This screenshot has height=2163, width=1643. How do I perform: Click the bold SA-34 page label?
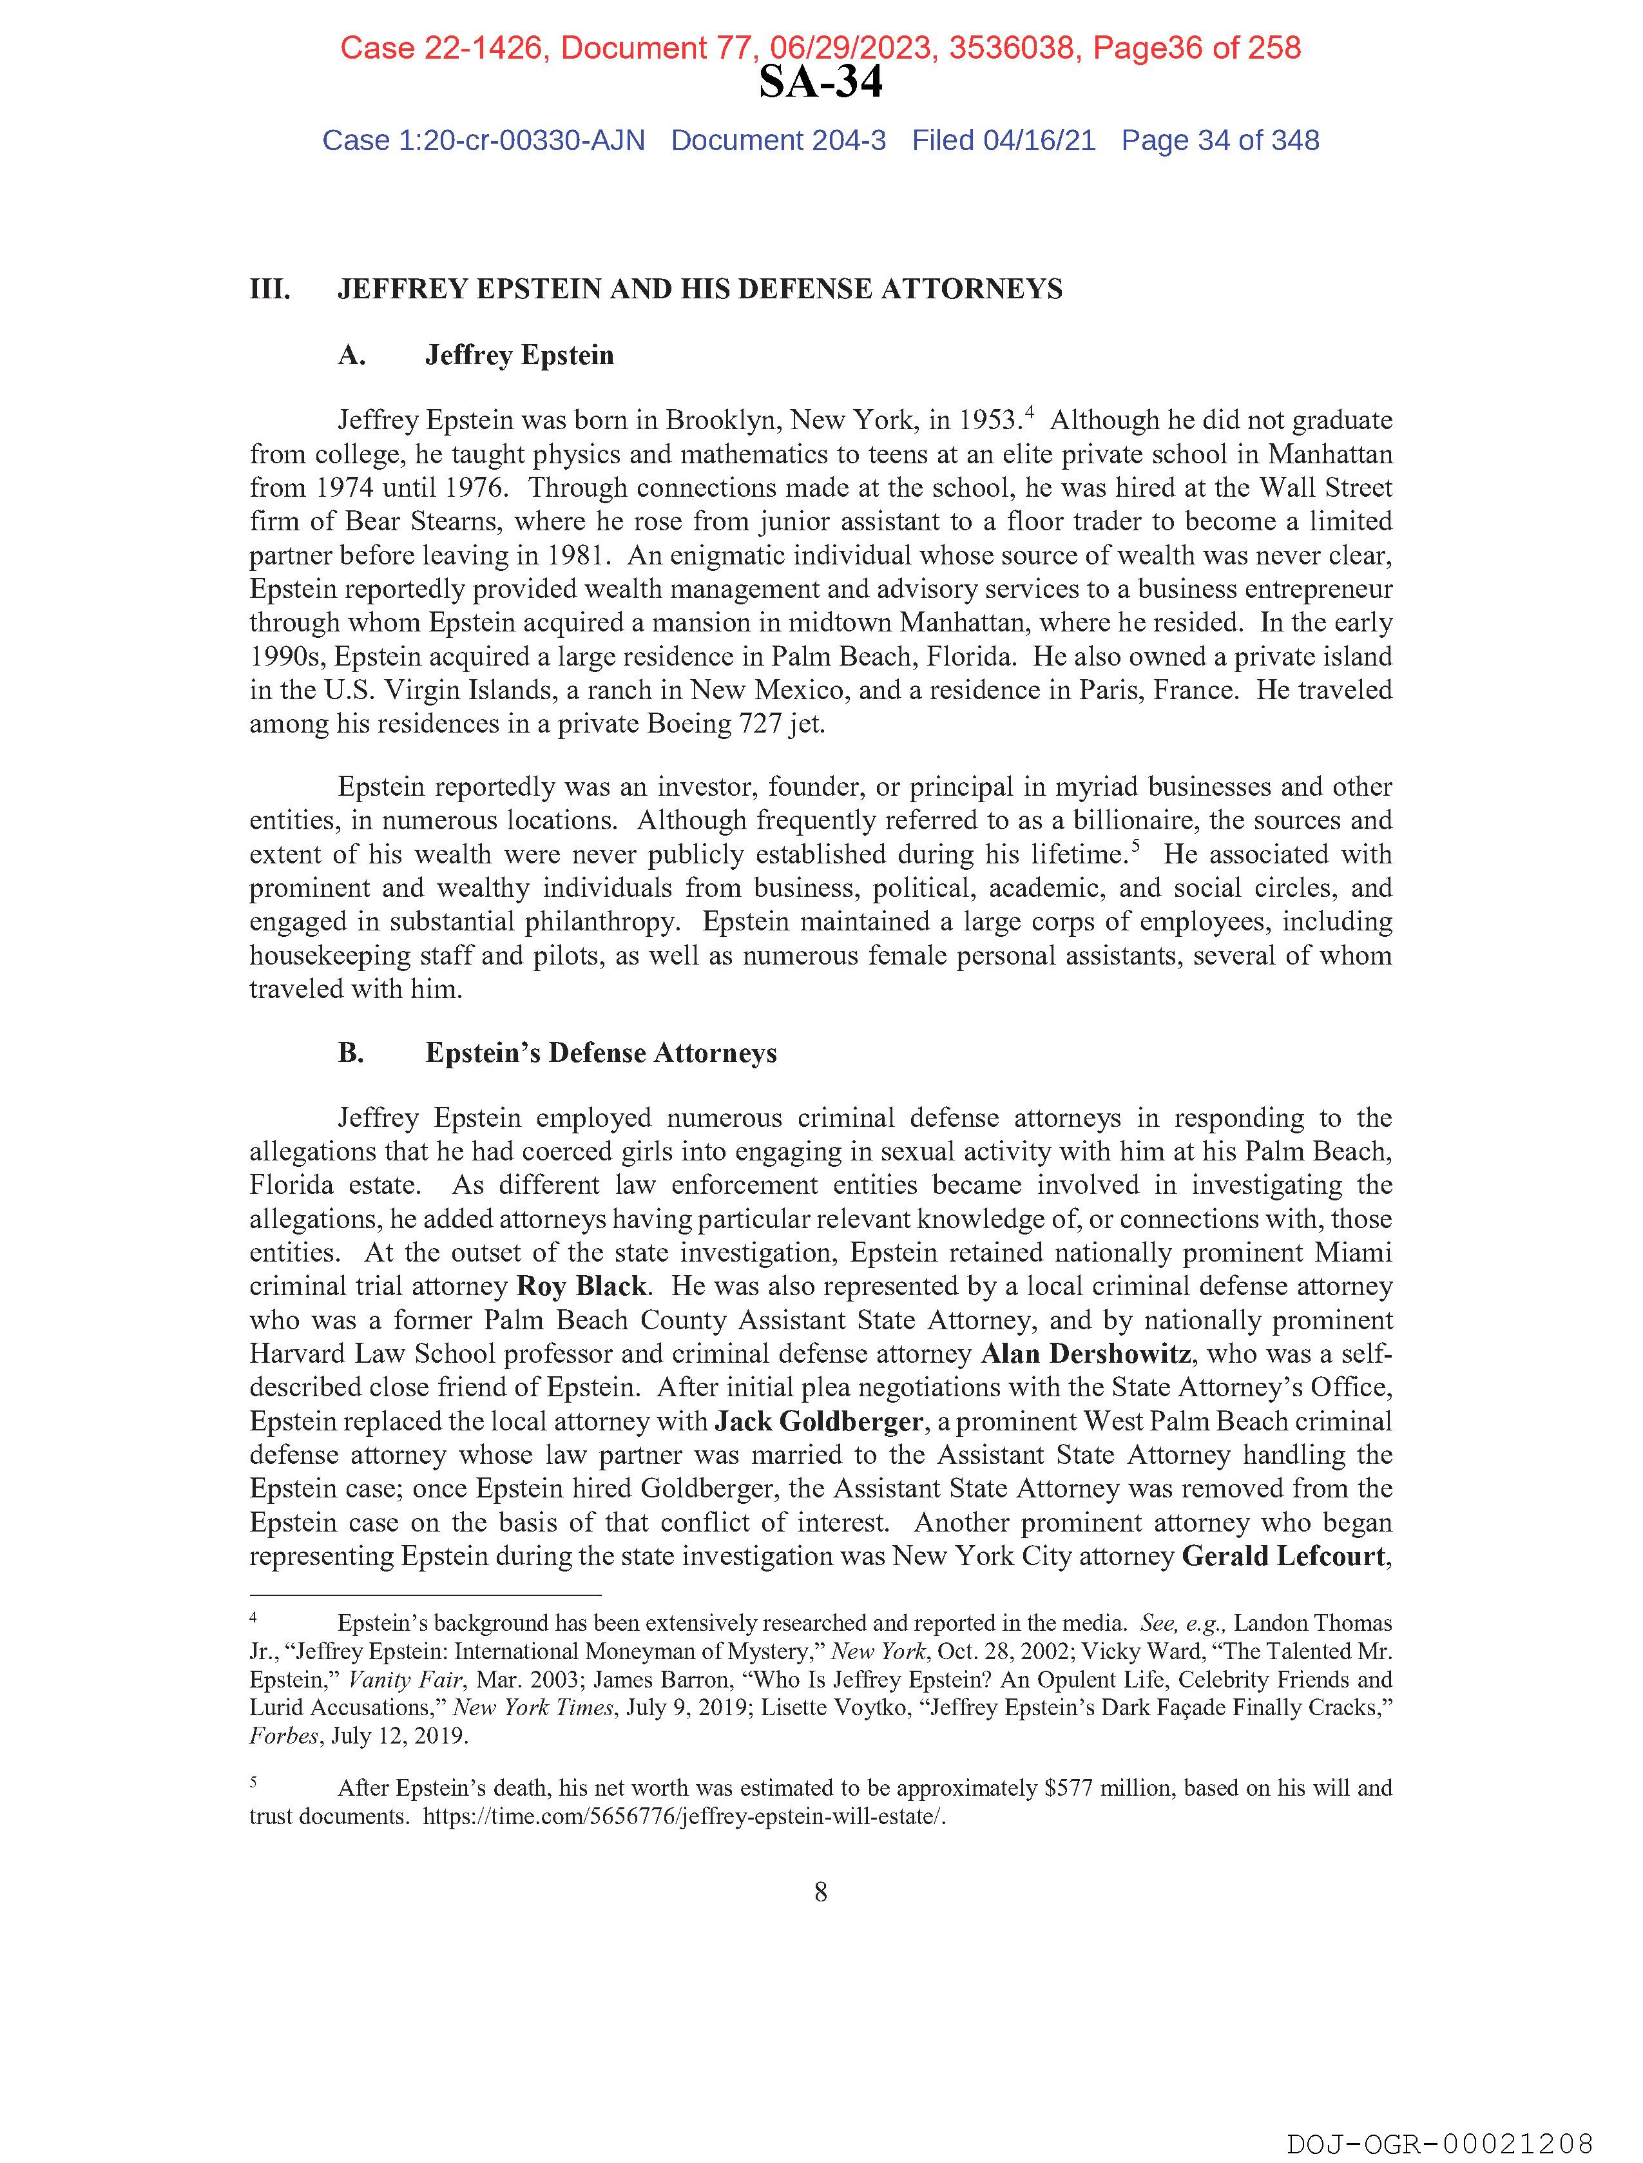pyautogui.click(x=820, y=83)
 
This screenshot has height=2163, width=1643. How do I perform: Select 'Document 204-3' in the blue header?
pyautogui.click(x=778, y=141)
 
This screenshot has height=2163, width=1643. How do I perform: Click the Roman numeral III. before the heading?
pyautogui.click(x=270, y=289)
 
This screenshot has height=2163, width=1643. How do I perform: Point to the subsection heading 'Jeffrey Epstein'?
pyautogui.click(x=519, y=355)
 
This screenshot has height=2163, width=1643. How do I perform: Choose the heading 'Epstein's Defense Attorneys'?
pyautogui.click(x=601, y=1053)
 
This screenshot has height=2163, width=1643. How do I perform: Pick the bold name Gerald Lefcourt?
pyautogui.click(x=1283, y=1556)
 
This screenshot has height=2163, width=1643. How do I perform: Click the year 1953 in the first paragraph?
pyautogui.click(x=989, y=421)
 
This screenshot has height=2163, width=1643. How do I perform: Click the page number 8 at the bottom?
pyautogui.click(x=820, y=1892)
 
